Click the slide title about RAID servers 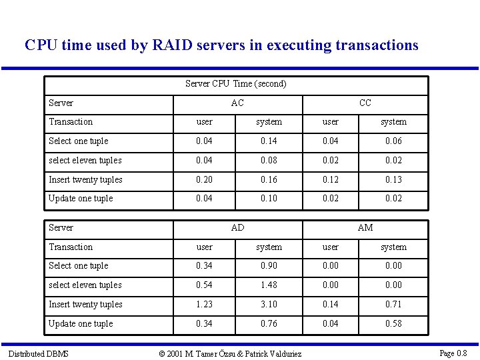click(x=221, y=45)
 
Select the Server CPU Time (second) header click(x=236, y=84)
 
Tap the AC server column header click(x=237, y=103)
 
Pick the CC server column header click(x=365, y=103)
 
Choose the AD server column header click(x=237, y=228)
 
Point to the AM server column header click(x=365, y=228)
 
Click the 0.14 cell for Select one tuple click(x=269, y=141)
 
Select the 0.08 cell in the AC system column click(x=269, y=161)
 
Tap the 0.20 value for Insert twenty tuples click(x=205, y=180)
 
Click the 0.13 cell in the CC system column click(x=393, y=180)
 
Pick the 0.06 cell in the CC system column click(x=393, y=141)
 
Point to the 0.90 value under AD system click(x=269, y=266)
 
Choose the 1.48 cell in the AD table click(x=269, y=285)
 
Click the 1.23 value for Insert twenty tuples click(x=205, y=305)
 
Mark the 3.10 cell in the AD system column click(x=269, y=305)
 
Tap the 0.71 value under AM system click(x=393, y=305)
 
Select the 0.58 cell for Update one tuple click(x=393, y=324)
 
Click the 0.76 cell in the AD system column click(x=269, y=324)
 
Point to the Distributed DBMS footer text click(x=38, y=353)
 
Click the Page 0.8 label click(x=453, y=353)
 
